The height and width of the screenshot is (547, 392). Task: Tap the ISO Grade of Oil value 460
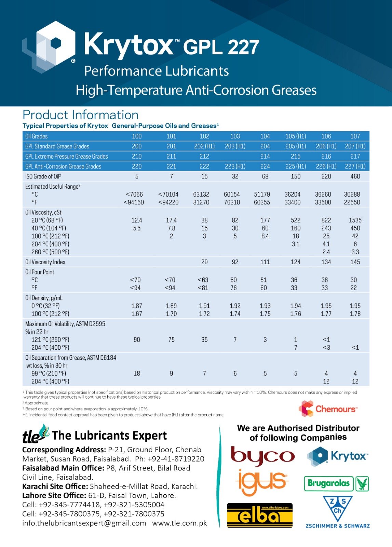[x=355, y=176]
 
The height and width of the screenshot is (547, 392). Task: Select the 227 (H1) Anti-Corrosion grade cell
[x=355, y=166]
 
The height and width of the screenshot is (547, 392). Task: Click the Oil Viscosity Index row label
[x=45, y=262]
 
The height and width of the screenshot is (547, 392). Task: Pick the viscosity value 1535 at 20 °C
[x=355, y=220]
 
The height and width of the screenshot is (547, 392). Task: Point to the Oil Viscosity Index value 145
[x=355, y=262]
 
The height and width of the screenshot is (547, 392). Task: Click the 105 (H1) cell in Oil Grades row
[x=296, y=136]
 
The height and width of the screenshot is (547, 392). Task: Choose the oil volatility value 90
[x=137, y=340]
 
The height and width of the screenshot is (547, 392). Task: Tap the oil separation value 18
[x=137, y=373]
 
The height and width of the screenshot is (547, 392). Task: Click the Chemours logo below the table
[x=328, y=409]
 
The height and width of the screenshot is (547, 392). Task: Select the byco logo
[x=262, y=456]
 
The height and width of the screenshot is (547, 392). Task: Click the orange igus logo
[x=262, y=482]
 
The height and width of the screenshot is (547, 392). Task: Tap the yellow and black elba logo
[x=260, y=515]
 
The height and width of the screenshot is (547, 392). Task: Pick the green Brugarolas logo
[x=336, y=483]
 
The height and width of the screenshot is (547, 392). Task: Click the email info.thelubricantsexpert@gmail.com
[x=84, y=523]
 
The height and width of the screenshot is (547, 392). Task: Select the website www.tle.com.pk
[x=179, y=523]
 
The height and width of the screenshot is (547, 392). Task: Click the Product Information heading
[x=81, y=115]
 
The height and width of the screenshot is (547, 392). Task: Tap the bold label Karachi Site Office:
[x=55, y=486]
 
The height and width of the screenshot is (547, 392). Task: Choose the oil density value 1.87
[x=137, y=306]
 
